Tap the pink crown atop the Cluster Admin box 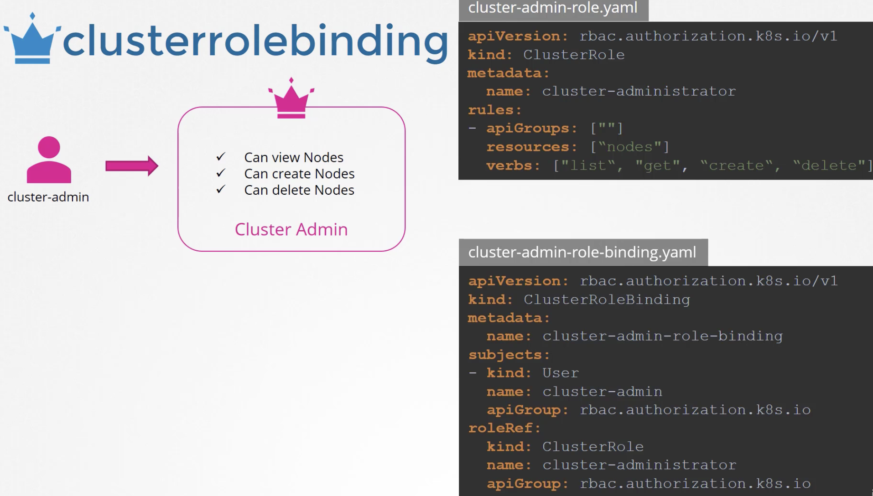tap(291, 98)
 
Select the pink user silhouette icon tap(49, 160)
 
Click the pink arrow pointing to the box tap(132, 165)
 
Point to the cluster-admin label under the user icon tap(48, 197)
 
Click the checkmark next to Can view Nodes tap(221, 157)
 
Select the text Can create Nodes tap(299, 174)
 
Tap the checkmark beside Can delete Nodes tap(221, 189)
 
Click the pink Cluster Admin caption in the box tap(291, 229)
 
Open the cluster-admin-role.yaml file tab tap(553, 9)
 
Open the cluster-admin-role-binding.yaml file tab tap(583, 252)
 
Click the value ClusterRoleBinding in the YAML tap(607, 300)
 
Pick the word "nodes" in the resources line tap(629, 147)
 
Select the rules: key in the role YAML tap(495, 110)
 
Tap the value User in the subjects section tap(561, 373)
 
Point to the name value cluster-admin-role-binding tap(663, 336)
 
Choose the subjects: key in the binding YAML tap(509, 355)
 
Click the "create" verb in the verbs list tap(736, 165)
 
